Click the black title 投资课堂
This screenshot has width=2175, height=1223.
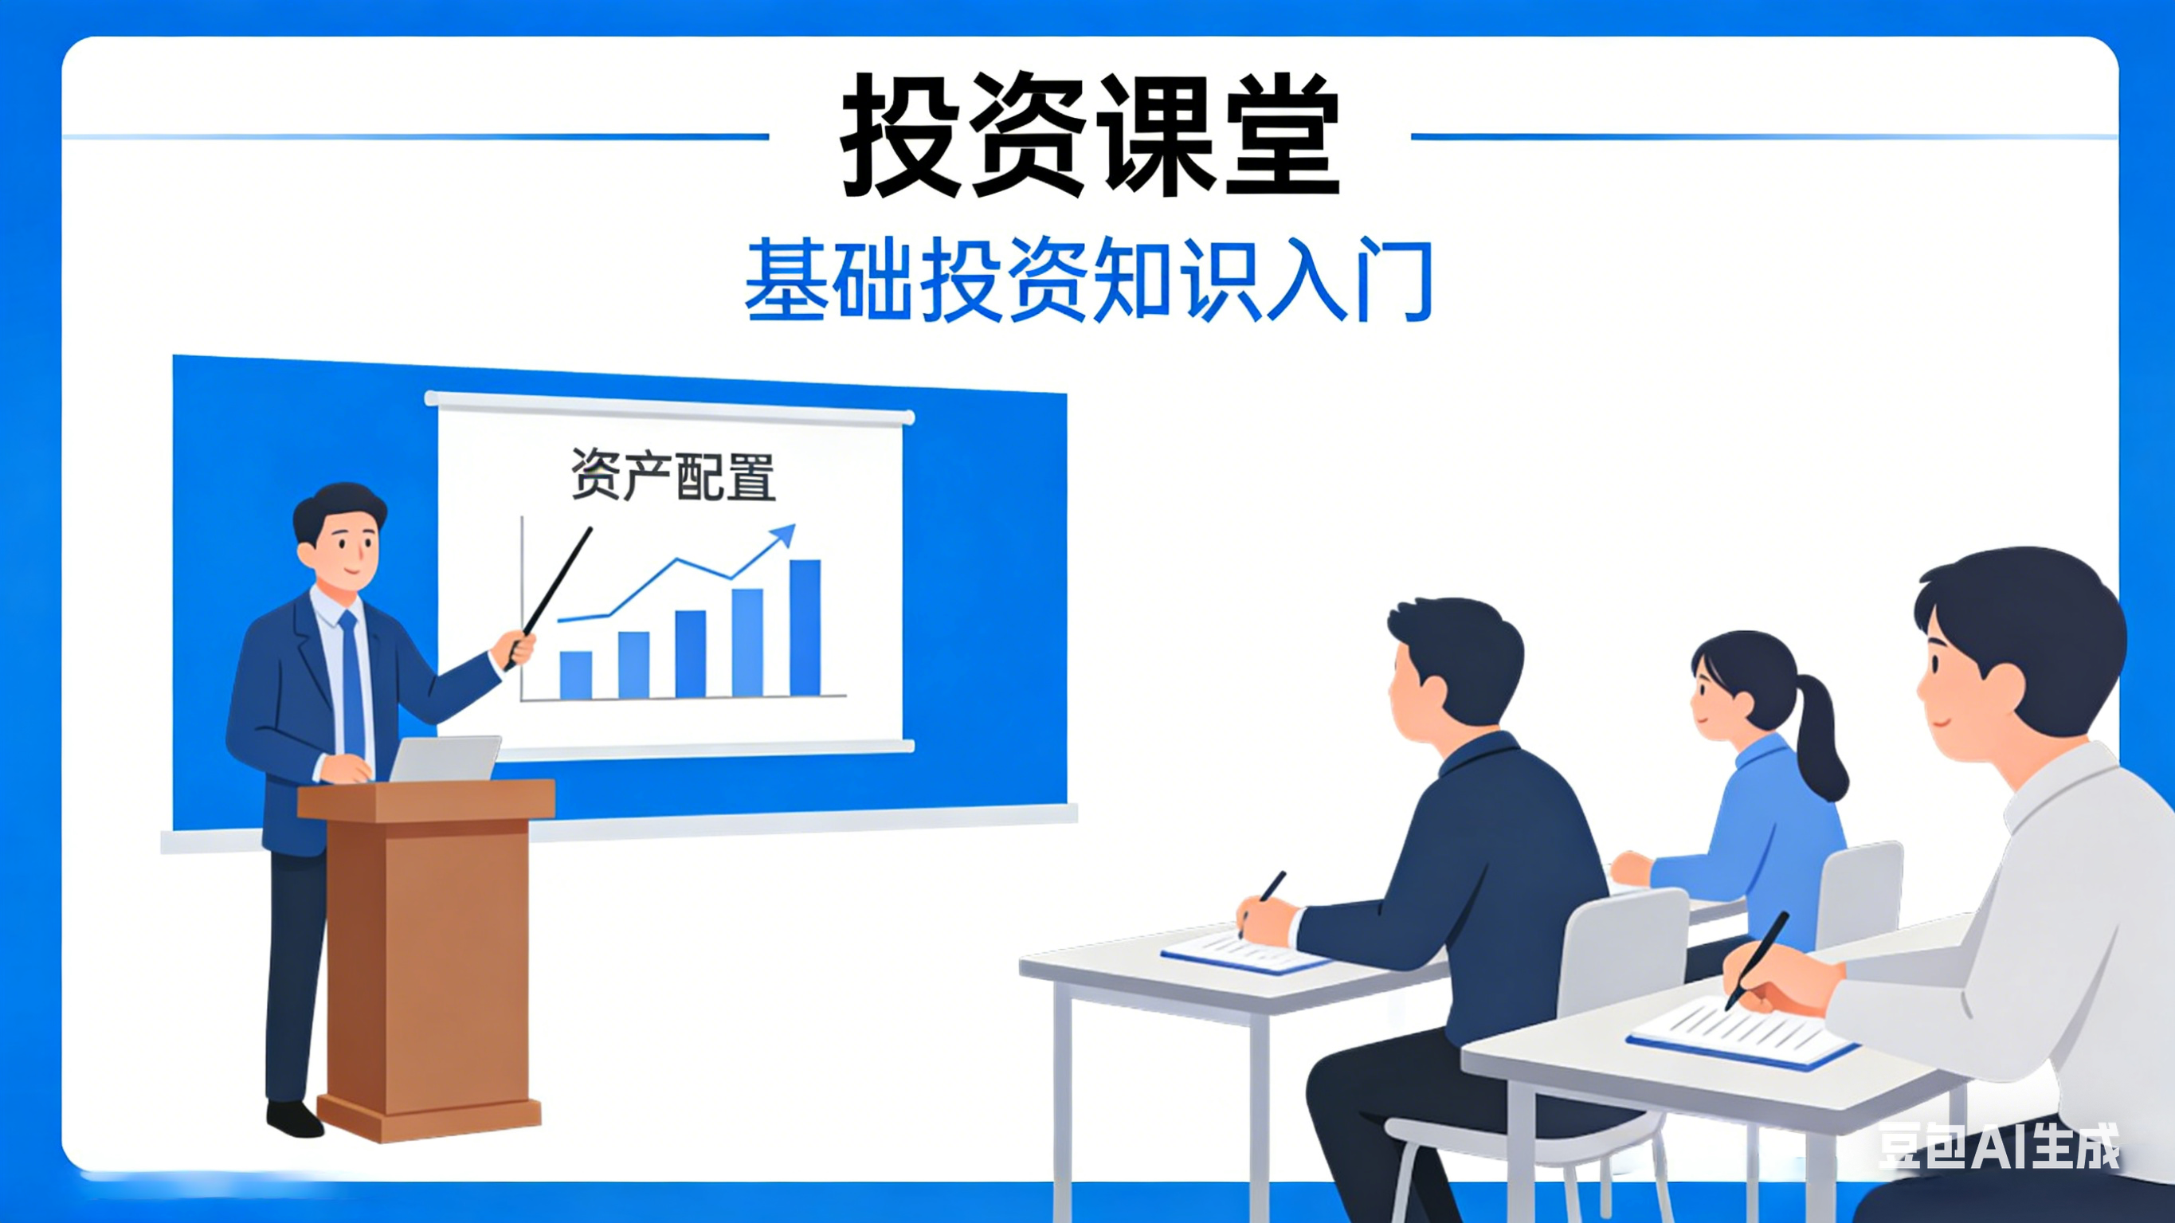click(x=1089, y=135)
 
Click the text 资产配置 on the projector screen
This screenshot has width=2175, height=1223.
click(x=673, y=476)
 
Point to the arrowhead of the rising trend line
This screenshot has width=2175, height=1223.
click(x=786, y=533)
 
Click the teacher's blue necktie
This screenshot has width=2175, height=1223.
click(x=351, y=684)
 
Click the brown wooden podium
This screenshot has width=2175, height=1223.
click(x=426, y=954)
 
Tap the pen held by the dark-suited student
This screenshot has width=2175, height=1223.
click(x=1264, y=900)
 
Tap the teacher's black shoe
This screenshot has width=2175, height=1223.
click(x=295, y=1119)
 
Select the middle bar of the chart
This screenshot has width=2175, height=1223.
click(x=691, y=654)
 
